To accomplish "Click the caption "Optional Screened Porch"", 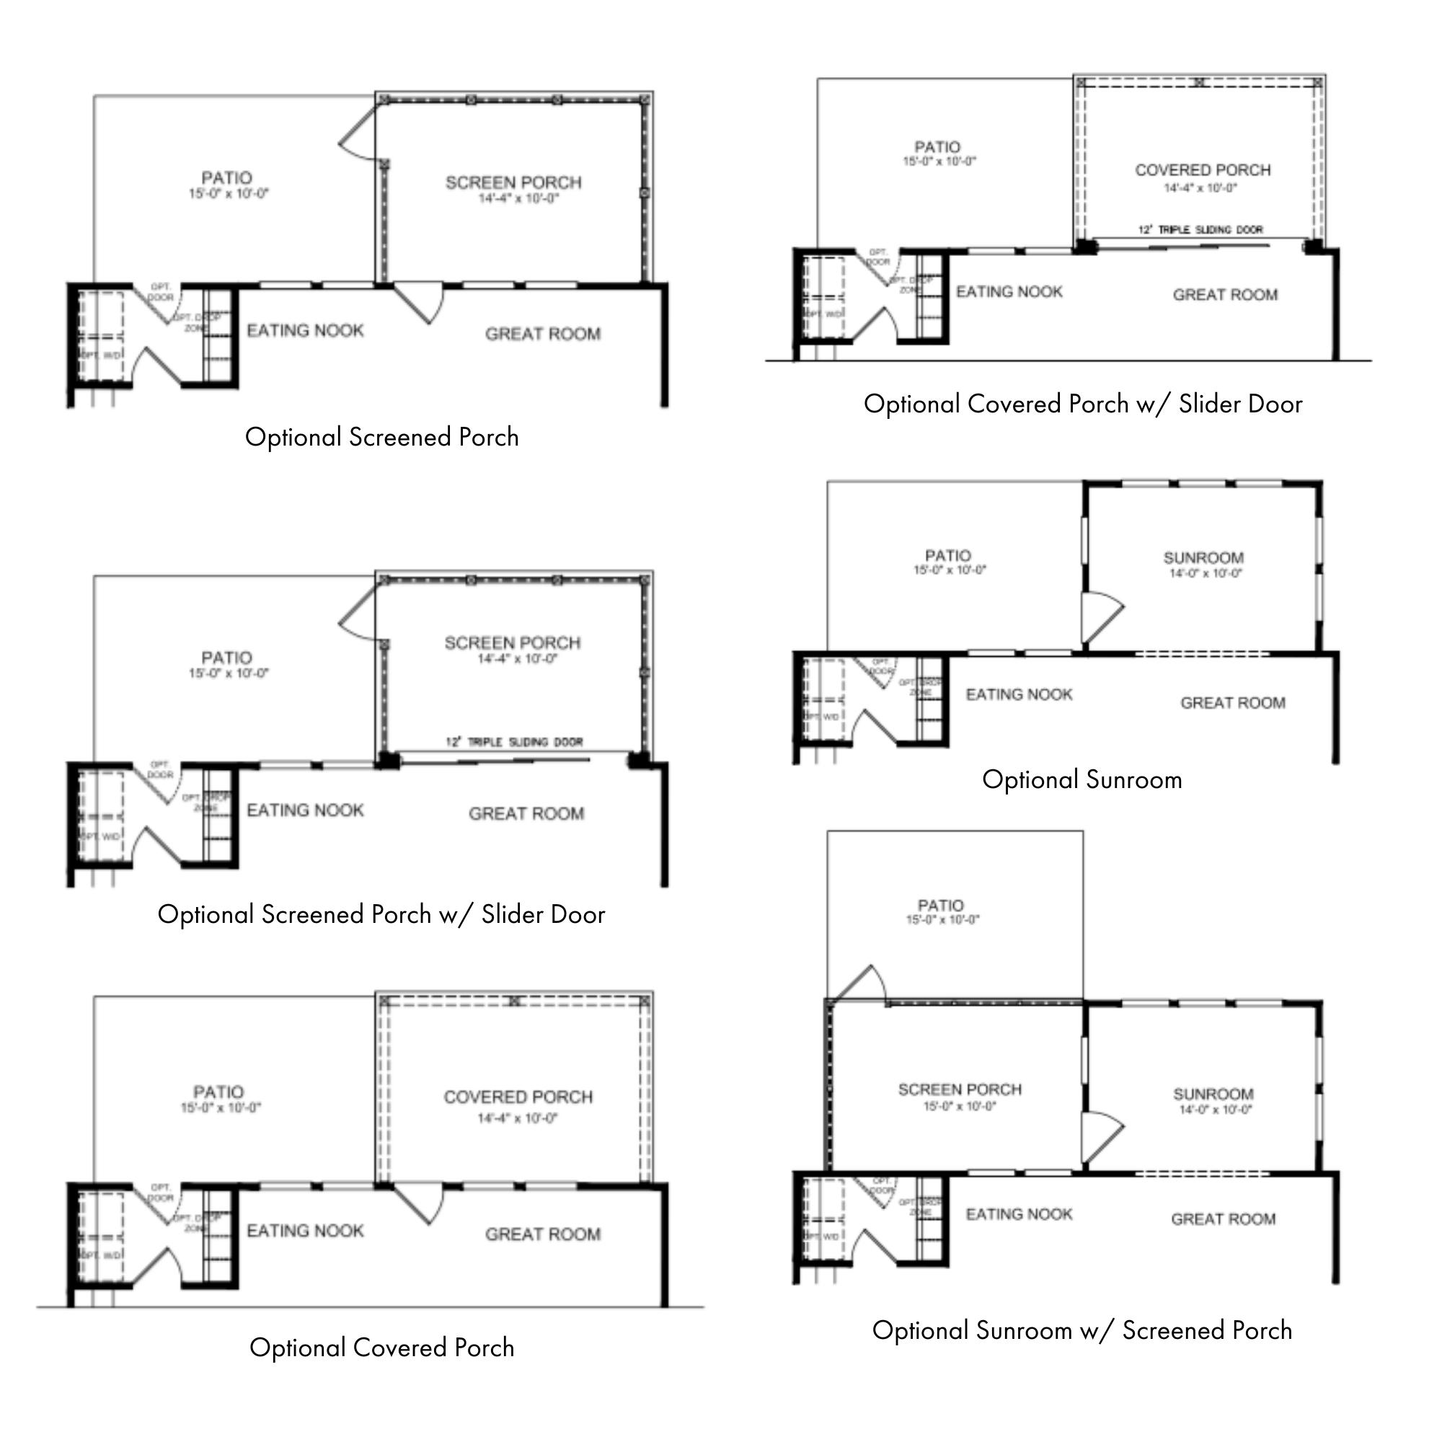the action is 381,437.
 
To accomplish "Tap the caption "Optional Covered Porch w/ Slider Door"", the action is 1082,404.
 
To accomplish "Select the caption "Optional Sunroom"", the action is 1081,779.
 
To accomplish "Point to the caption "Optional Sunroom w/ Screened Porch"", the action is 1081,1330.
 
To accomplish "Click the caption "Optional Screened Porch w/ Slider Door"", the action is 381,914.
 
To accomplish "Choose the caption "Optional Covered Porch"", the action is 381,1348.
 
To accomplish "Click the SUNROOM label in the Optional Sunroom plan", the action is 1203,557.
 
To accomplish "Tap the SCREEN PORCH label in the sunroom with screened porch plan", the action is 960,1089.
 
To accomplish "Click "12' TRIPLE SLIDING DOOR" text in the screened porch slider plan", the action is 514,742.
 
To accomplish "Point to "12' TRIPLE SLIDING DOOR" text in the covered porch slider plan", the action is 1200,229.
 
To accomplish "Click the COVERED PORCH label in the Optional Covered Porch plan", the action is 518,1097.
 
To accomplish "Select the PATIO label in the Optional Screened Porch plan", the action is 227,177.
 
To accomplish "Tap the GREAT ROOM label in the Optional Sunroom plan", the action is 1232,702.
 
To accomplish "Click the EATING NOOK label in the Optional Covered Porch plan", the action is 305,1230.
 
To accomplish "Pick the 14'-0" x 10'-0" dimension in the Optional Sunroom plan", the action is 1206,573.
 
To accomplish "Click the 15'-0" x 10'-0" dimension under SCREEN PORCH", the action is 960,1106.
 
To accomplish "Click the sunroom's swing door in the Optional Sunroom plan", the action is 1101,616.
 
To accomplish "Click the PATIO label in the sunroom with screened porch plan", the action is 940,905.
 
